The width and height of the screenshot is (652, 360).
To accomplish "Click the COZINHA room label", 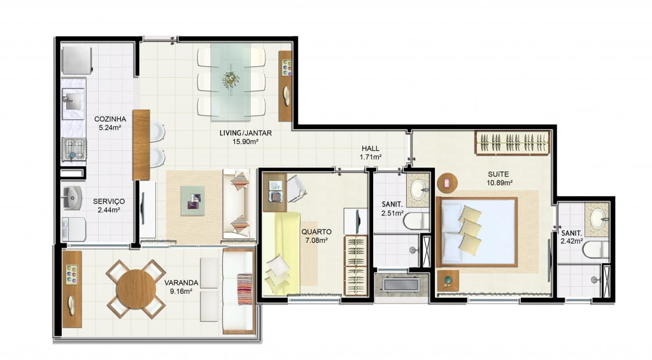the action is pyautogui.click(x=110, y=119).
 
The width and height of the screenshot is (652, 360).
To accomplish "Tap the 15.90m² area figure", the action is pyautogui.click(x=245, y=141).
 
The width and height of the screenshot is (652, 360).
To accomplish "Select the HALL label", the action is pyautogui.click(x=370, y=148).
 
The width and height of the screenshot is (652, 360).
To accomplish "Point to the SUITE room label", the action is pyautogui.click(x=498, y=174).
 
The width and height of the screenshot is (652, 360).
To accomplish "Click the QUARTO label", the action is pyautogui.click(x=316, y=232).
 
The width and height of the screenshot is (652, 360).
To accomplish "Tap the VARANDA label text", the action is pyautogui.click(x=181, y=283).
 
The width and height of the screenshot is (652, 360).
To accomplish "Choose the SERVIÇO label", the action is pyautogui.click(x=108, y=201).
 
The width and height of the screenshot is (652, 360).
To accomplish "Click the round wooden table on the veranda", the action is pyautogui.click(x=136, y=289).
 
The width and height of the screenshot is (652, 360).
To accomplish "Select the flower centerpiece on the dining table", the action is pyautogui.click(x=230, y=79).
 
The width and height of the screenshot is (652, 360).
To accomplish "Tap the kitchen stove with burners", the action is pyautogui.click(x=74, y=149).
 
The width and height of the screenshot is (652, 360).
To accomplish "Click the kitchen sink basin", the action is pyautogui.click(x=73, y=100).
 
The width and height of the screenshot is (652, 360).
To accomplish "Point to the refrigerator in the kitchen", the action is pyautogui.click(x=76, y=61).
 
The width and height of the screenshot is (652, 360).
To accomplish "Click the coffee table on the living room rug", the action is pyautogui.click(x=192, y=200).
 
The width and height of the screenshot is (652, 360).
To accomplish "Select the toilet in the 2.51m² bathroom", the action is pyautogui.click(x=416, y=221).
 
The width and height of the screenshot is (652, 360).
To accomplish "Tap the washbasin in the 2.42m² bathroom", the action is pyautogui.click(x=597, y=217).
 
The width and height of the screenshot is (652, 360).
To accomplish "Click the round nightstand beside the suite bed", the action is pyautogui.click(x=448, y=183).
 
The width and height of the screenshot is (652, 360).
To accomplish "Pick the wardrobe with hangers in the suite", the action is pyautogui.click(x=513, y=143).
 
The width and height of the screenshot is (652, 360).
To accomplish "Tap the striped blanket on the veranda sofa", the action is pyautogui.click(x=244, y=289).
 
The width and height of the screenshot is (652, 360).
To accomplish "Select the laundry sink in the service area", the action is pyautogui.click(x=73, y=198).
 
